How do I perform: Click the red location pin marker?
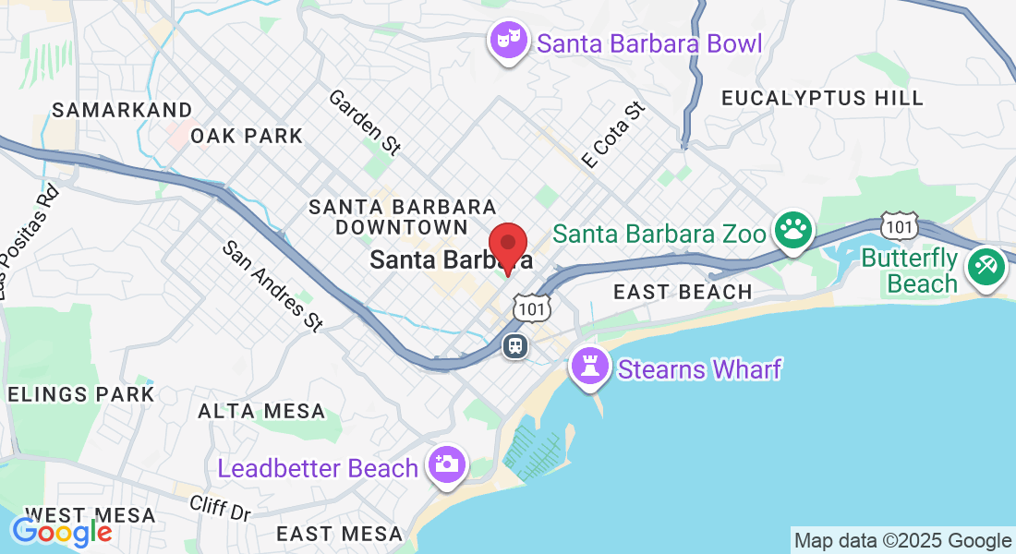507,247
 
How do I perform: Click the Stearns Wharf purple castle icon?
590,367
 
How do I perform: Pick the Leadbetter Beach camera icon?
447,464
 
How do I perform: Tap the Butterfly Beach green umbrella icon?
986,267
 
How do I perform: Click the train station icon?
514,345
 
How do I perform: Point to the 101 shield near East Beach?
533,307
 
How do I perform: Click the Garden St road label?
365,120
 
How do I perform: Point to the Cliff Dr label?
220,507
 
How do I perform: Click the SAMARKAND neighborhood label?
122,110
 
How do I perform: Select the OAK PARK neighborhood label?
247,136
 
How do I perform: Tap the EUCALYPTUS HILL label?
822,98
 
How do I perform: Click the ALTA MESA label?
261,411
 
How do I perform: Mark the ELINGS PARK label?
80,394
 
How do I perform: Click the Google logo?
62,532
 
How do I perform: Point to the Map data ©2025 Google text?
902,541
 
